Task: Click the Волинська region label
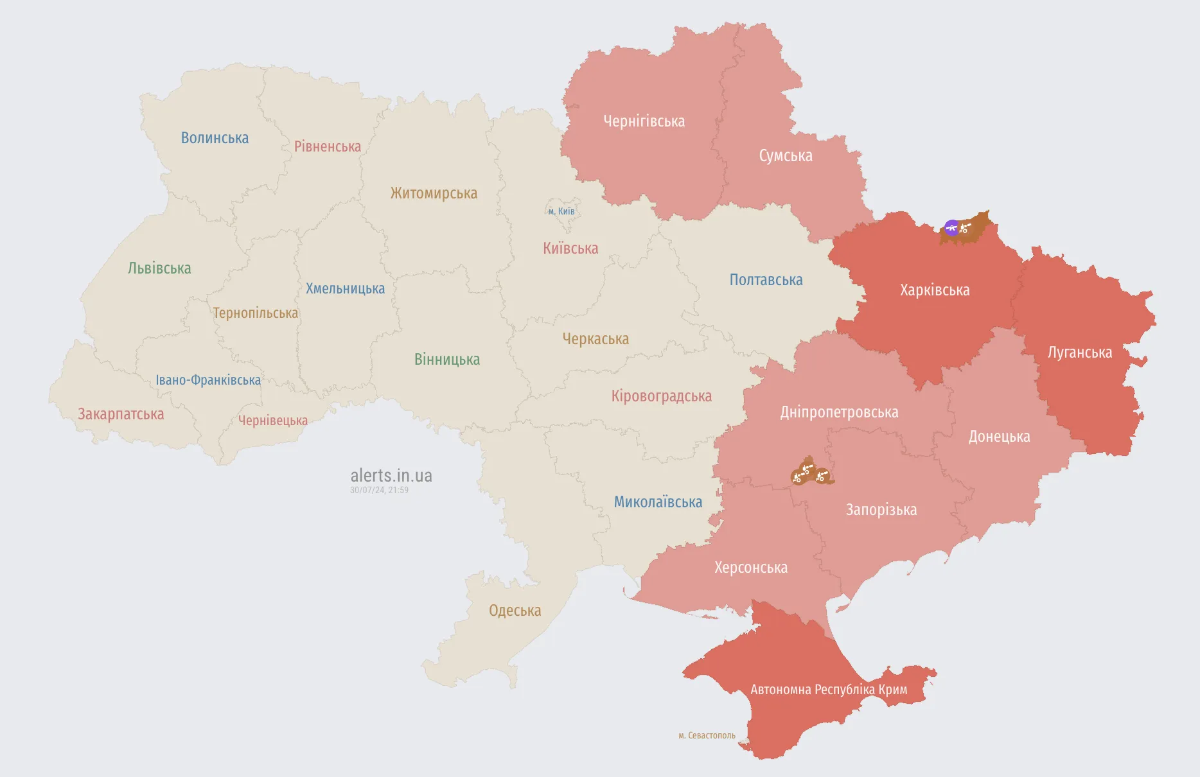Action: coord(215,138)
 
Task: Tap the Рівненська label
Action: coord(327,146)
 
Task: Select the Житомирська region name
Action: coord(434,193)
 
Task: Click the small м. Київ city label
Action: coord(561,211)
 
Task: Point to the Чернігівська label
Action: coord(644,121)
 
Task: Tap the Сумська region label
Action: coord(785,156)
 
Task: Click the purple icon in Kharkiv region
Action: coord(951,227)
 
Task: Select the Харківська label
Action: coord(935,290)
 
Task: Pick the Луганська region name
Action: coord(1079,353)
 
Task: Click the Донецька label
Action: coord(999,437)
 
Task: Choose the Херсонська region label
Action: coord(750,568)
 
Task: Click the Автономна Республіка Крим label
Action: coord(829,690)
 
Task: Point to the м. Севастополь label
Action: coord(707,735)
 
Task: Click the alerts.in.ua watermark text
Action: coord(391,476)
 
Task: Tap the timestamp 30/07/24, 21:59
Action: coord(379,490)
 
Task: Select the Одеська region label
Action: coord(515,611)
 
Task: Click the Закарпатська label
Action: coord(121,414)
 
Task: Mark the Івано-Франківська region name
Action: coord(208,380)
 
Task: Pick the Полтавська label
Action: coord(766,280)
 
